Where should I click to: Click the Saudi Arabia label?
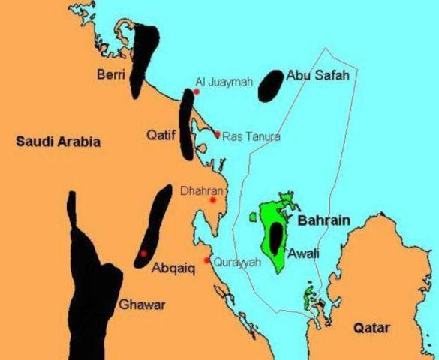58,141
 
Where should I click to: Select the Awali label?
304,253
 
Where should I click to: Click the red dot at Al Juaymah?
197,92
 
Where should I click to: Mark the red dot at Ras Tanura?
218,135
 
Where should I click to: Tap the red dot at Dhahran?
213,200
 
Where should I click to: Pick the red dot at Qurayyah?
207,260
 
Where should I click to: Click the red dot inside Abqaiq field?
143,253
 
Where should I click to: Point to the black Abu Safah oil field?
270,87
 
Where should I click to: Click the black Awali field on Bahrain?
277,238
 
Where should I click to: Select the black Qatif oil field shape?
187,124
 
